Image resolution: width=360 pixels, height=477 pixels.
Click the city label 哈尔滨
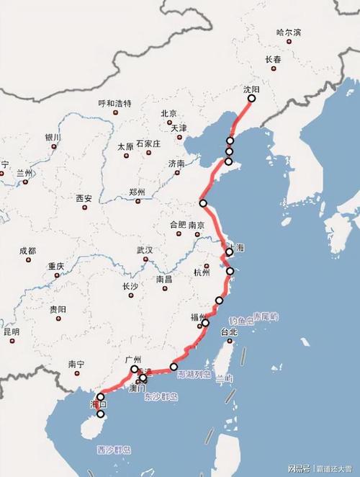pos(289,32)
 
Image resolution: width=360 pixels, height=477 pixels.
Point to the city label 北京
pos(168,113)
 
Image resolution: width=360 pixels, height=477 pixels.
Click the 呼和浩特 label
pos(115,104)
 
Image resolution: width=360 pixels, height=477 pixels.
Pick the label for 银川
pos(53,137)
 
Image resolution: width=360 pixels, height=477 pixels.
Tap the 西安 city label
pos(84,198)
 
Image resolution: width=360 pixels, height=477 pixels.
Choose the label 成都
pos(27,251)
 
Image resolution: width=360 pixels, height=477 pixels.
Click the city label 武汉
pos(145,250)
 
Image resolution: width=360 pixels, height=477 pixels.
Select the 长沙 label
pos(130,286)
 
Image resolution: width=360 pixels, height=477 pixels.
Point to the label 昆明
pos(12,332)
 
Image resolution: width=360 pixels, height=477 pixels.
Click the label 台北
pos(229,332)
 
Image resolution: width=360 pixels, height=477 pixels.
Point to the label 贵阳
pos(58,309)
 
